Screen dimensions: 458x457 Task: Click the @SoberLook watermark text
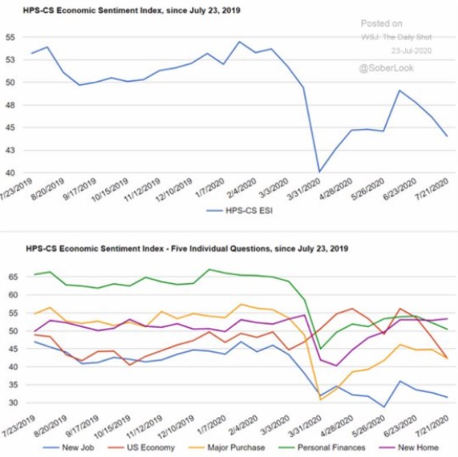click(x=386, y=68)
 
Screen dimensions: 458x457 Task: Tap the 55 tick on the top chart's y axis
click(x=10, y=38)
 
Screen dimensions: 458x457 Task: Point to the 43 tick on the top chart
click(x=10, y=151)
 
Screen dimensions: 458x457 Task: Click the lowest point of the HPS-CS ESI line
click(x=319, y=172)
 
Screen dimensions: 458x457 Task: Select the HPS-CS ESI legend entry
click(x=239, y=211)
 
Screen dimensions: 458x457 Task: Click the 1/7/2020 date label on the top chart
click(x=210, y=188)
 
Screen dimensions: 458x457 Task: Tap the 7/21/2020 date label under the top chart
click(x=432, y=190)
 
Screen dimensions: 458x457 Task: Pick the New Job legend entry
click(x=68, y=447)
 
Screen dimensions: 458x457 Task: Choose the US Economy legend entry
click(x=141, y=447)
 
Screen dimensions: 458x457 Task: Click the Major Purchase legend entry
click(x=227, y=447)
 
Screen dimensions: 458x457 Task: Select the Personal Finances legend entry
click(x=322, y=447)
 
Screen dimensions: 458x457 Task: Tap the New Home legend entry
click(x=409, y=447)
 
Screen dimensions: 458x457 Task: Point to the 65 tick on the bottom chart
click(x=12, y=276)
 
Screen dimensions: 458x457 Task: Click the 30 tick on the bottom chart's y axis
click(x=12, y=403)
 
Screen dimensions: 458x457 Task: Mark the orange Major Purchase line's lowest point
click(x=321, y=400)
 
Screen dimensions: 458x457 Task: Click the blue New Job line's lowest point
click(x=383, y=406)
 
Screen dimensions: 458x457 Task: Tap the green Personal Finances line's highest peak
click(x=209, y=270)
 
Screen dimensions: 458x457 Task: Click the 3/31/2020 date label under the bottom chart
click(x=305, y=426)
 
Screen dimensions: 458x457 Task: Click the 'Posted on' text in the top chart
click(x=381, y=23)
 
